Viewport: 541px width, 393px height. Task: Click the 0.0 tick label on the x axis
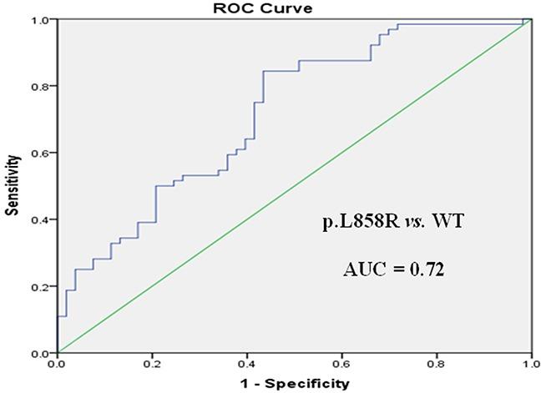coord(57,365)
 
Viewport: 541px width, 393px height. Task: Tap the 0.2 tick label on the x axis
coord(152,365)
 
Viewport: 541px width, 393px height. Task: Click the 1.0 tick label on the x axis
coord(529,365)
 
